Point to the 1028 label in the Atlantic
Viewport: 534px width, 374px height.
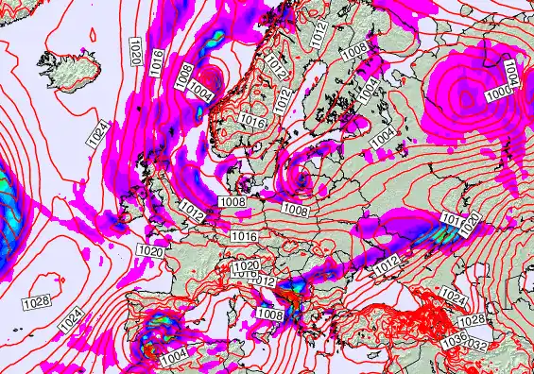(x=35, y=301)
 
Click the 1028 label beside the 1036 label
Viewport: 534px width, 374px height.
(x=474, y=321)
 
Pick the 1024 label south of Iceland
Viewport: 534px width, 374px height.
(x=97, y=134)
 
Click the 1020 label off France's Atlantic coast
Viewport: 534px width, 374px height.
(x=148, y=250)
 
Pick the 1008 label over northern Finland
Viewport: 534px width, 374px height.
(x=354, y=43)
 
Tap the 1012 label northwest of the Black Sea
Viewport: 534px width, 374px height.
(x=385, y=268)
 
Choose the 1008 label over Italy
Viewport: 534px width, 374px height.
(x=270, y=314)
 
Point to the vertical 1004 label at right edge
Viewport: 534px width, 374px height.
(x=511, y=75)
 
